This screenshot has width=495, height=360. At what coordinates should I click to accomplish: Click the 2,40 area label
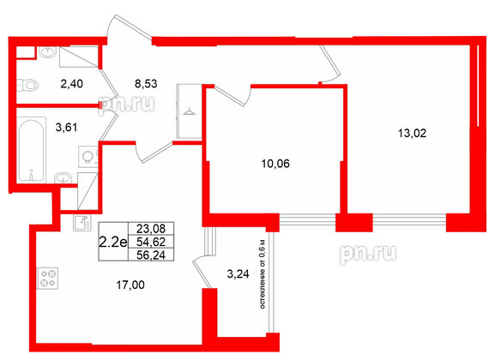pyautogui.click(x=72, y=84)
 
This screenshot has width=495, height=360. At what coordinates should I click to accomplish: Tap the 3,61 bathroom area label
pyautogui.click(x=66, y=128)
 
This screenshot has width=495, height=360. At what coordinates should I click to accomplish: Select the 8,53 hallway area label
pyautogui.click(x=146, y=84)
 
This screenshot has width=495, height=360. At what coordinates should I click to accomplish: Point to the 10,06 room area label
pyautogui.click(x=275, y=164)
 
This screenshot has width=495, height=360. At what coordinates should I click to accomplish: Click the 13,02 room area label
pyautogui.click(x=412, y=134)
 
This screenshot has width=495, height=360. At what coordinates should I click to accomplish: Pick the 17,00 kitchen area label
pyautogui.click(x=130, y=285)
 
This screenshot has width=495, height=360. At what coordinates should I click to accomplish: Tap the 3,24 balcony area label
pyautogui.click(x=238, y=274)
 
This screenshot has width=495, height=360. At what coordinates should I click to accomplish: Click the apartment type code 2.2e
pyautogui.click(x=113, y=243)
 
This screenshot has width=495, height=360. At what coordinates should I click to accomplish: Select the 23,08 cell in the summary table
pyautogui.click(x=151, y=229)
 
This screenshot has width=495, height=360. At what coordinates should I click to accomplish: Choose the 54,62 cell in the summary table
pyautogui.click(x=151, y=242)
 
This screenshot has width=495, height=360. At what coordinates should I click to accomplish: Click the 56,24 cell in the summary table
pyautogui.click(x=151, y=255)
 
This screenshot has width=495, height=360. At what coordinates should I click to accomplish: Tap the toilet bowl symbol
pyautogui.click(x=28, y=85)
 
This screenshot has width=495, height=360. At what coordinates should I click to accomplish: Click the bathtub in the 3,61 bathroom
pyautogui.click(x=31, y=150)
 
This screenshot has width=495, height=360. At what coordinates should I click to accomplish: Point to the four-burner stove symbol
pyautogui.click(x=48, y=278)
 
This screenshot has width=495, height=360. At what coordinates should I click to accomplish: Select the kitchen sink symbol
pyautogui.click(x=82, y=223)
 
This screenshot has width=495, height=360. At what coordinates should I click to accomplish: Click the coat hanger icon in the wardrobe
pyautogui.click(x=189, y=111)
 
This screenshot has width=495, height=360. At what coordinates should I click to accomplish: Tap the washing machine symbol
pyautogui.click(x=88, y=156)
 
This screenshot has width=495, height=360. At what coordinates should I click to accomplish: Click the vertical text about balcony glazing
pyautogui.click(x=263, y=274)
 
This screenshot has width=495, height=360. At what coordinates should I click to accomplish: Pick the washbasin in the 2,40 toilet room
pyautogui.click(x=48, y=52)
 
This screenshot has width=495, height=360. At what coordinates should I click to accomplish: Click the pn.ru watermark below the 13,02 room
pyautogui.click(x=368, y=254)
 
